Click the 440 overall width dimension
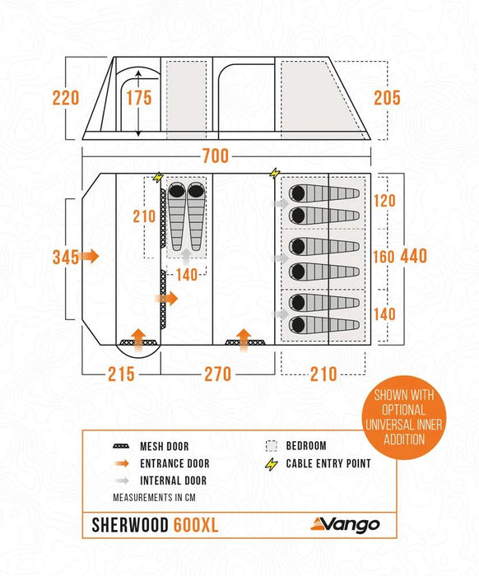coord(414,256)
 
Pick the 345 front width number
coord(65,257)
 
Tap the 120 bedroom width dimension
coord(384,200)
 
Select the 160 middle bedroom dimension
coord(384,256)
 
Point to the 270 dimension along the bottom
coord(217,374)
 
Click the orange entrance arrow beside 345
coord(91,257)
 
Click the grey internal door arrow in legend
coord(123,480)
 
